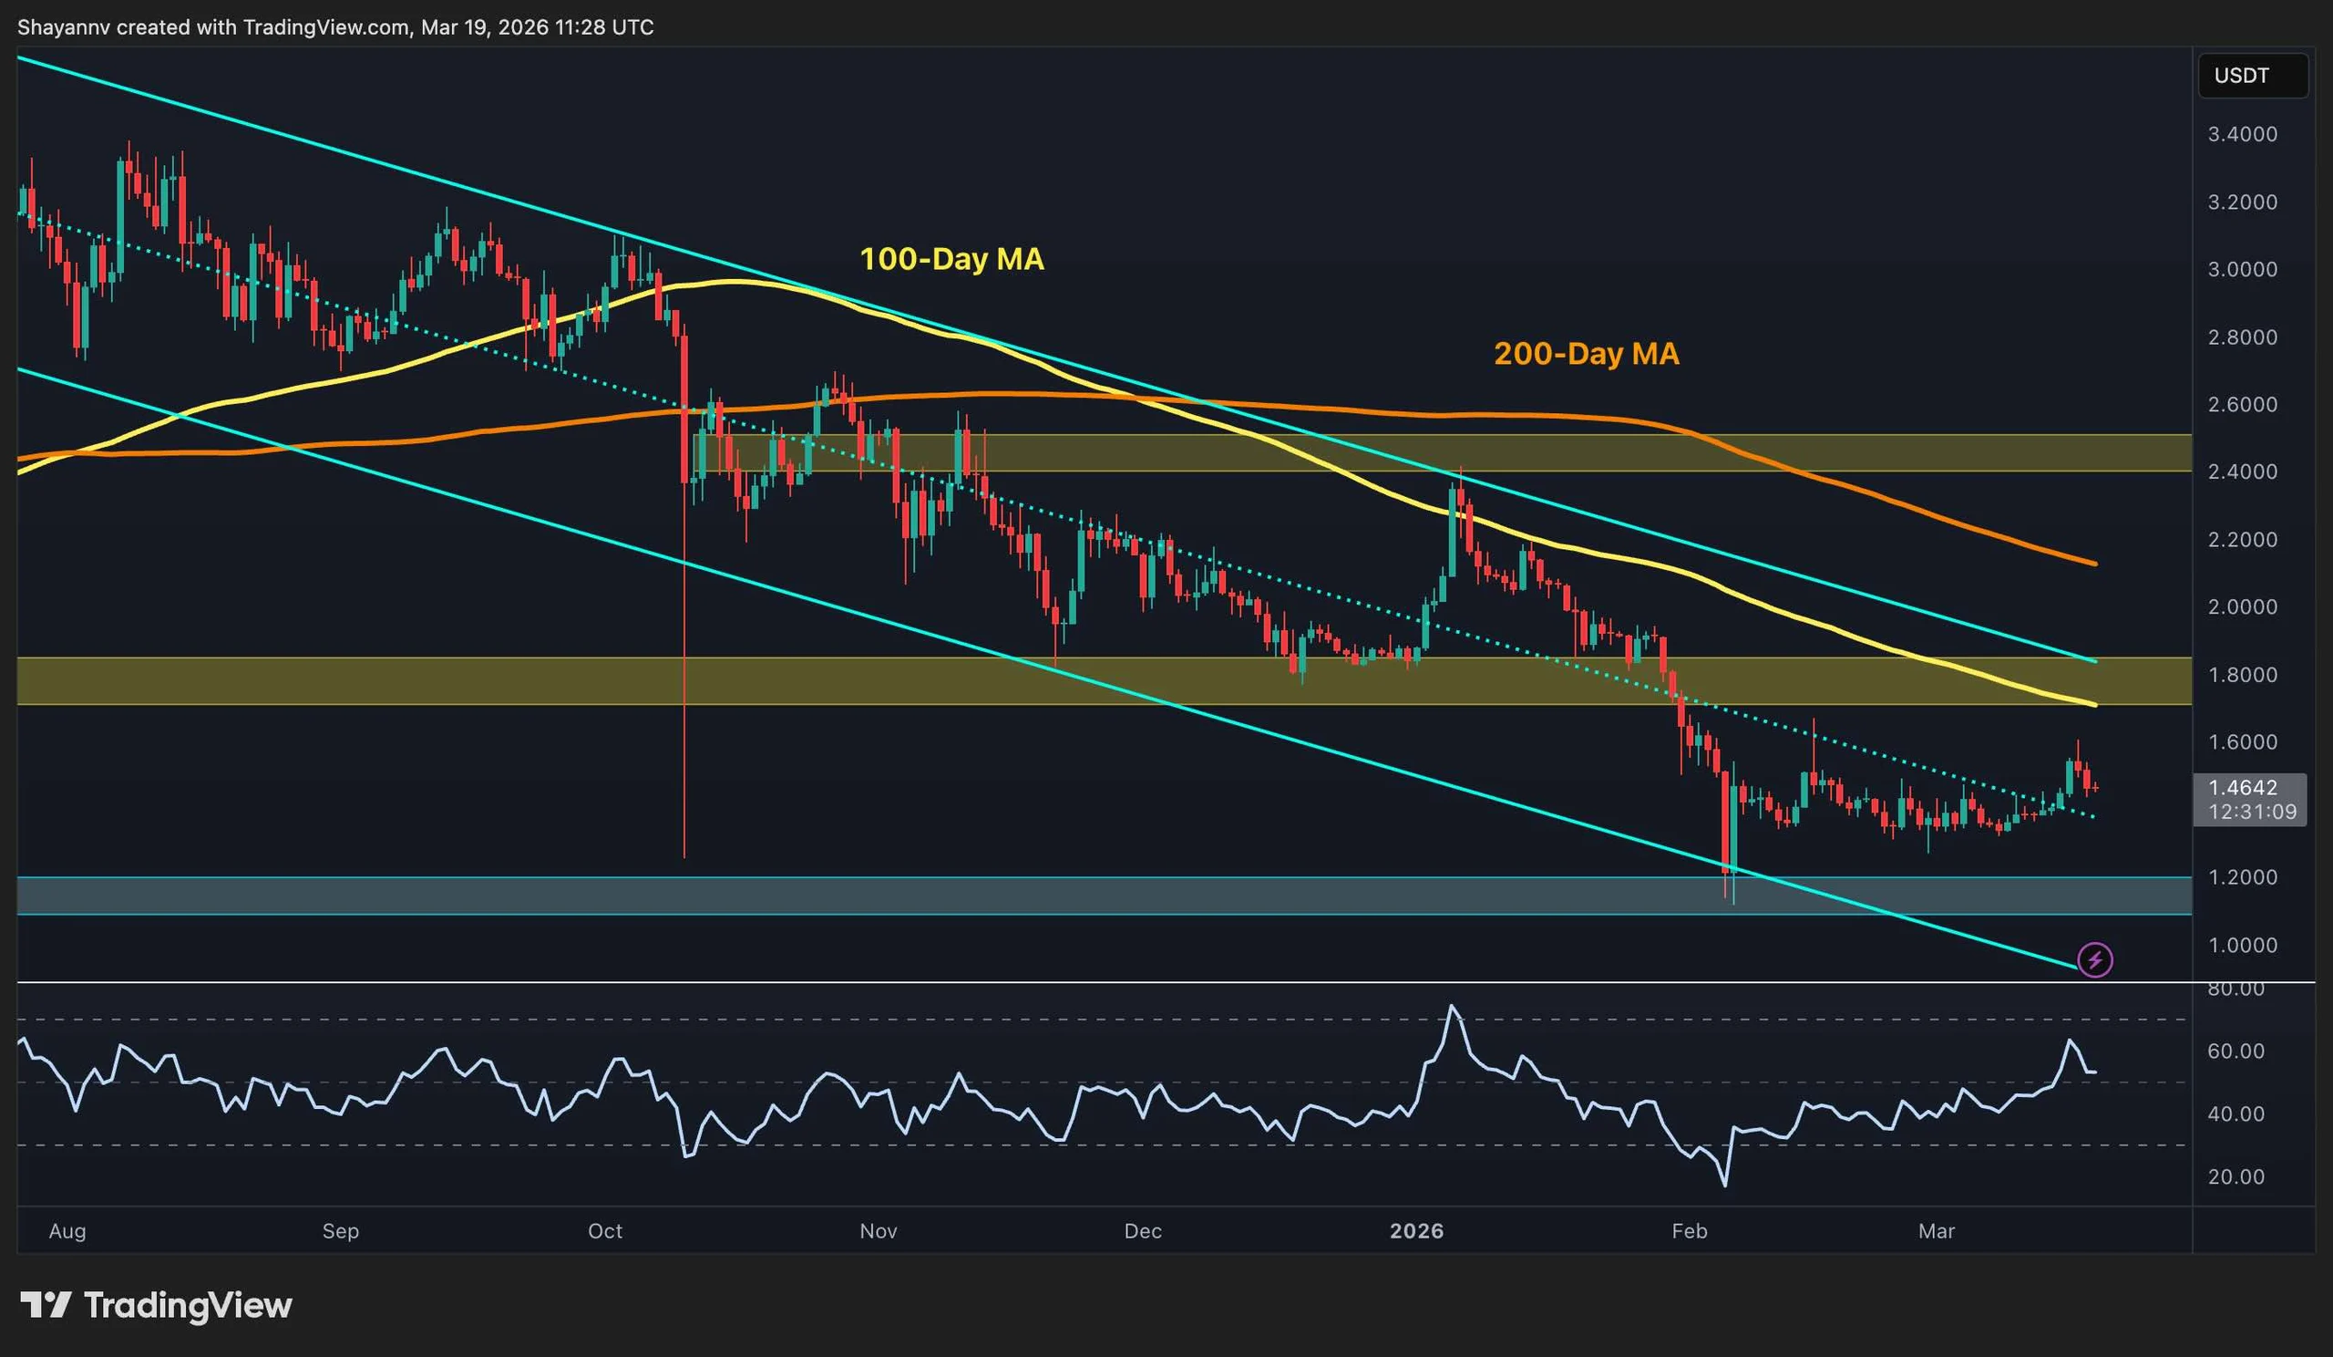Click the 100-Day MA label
pos(951,258)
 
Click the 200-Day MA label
pos(1586,354)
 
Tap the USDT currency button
pos(2241,76)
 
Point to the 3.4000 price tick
pos(2242,134)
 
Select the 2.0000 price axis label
pos(2242,606)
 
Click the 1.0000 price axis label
pos(2242,945)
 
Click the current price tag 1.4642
pos(2242,788)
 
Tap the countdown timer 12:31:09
pos(2252,813)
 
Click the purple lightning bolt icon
pos(2095,959)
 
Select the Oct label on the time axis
pos(605,1231)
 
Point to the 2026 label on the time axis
pos(1416,1231)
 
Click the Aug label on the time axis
pos(67,1231)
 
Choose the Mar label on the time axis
pos(1936,1231)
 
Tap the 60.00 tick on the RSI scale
pos(2235,1051)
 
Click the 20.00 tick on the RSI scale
pos(2235,1177)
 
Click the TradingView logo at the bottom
pos(157,1305)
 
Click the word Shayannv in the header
pos(63,27)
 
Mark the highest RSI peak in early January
pos(1452,1006)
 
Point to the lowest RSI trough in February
pos(1725,1185)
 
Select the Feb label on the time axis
pos(1689,1231)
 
